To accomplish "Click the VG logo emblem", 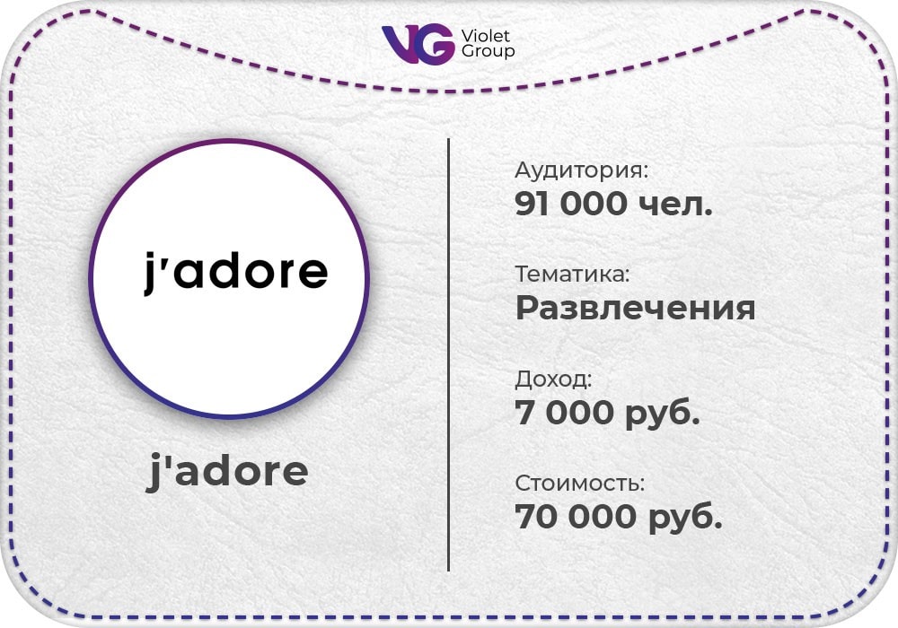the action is tap(418, 44).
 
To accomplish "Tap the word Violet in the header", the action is tap(485, 36).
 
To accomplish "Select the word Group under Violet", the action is tap(488, 52).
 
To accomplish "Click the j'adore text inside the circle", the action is tap(235, 272).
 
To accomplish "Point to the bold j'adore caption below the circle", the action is tap(227, 471).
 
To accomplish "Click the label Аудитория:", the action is tap(581, 170).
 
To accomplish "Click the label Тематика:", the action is tap(572, 274).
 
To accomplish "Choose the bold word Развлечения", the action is tap(635, 309).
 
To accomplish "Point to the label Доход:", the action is tap(553, 379).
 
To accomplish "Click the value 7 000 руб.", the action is tap(608, 413).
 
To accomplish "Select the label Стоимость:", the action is tap(579, 484).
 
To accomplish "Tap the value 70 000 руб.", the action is tap(619, 517).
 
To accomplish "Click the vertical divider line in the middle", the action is tap(448, 354).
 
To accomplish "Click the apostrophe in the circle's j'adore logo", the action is tap(164, 257).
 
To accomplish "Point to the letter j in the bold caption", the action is tap(154, 473).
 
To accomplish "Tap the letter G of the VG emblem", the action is tap(436, 44).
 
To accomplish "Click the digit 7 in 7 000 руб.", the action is tap(525, 412).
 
